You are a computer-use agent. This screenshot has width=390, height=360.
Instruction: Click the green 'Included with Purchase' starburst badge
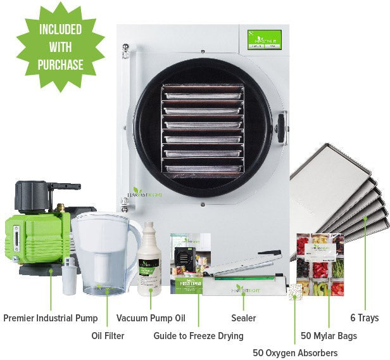(60, 47)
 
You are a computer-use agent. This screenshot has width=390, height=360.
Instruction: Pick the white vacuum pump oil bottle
(151, 260)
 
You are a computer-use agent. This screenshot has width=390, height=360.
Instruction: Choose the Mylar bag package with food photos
(320, 265)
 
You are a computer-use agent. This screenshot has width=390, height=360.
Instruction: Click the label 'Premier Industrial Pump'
(50, 318)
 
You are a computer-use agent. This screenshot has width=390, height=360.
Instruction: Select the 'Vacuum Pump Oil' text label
(151, 318)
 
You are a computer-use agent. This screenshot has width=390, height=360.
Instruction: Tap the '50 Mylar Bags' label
(329, 335)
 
